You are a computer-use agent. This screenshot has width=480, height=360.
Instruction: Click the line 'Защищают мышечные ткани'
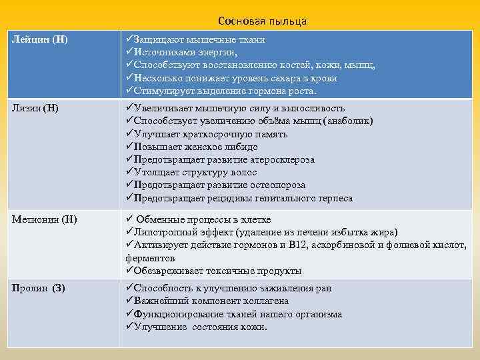click(195, 39)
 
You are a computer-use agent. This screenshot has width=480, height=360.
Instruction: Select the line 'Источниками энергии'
click(181, 52)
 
